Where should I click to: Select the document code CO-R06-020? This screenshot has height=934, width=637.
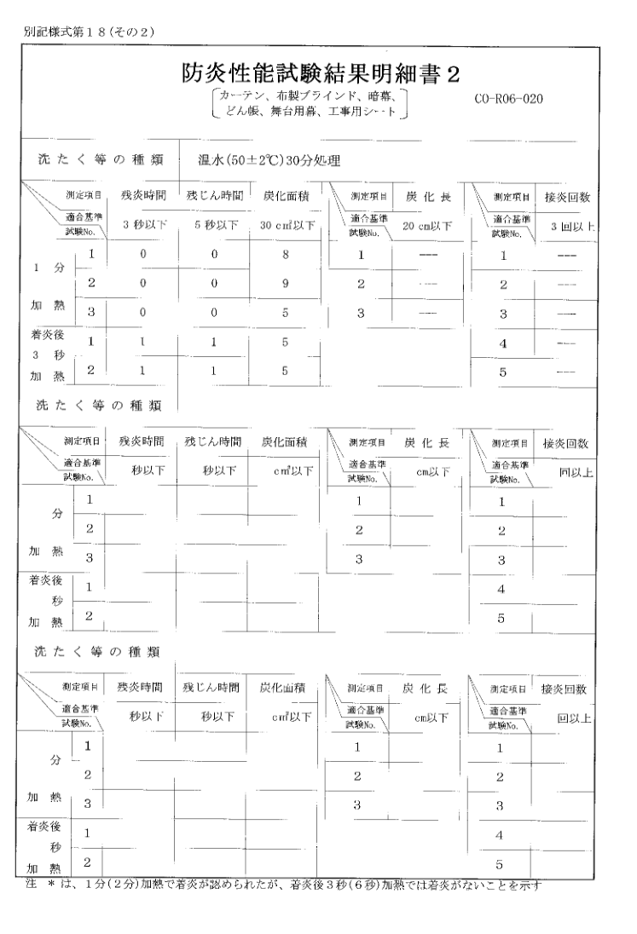509,98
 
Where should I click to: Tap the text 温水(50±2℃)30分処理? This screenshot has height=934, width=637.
258,159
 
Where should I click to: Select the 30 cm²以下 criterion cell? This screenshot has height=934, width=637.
287,226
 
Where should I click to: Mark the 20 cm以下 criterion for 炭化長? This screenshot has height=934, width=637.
426,226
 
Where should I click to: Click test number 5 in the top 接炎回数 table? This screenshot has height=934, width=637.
503,372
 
